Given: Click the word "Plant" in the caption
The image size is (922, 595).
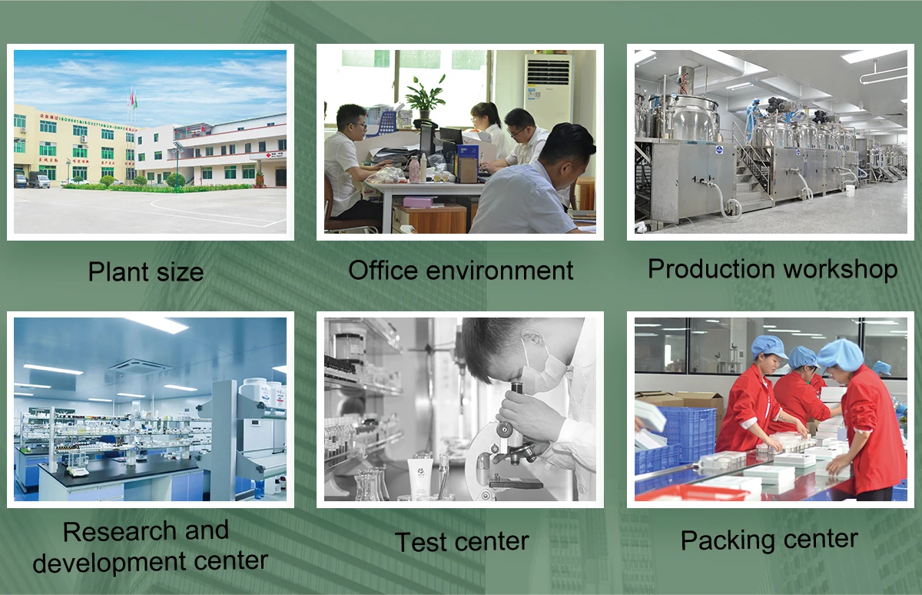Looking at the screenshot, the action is [118, 271].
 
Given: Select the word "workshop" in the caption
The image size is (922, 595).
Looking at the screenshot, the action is [841, 269].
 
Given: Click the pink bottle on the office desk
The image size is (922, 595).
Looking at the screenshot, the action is [413, 169].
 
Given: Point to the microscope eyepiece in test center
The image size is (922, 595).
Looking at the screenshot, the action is [516, 392].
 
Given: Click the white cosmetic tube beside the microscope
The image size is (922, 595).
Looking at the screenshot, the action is [420, 478].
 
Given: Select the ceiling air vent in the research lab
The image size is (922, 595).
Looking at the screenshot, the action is [141, 366].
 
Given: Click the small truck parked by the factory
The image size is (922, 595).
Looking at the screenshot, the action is [39, 181].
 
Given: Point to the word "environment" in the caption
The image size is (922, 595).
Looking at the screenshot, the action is [499, 271].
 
